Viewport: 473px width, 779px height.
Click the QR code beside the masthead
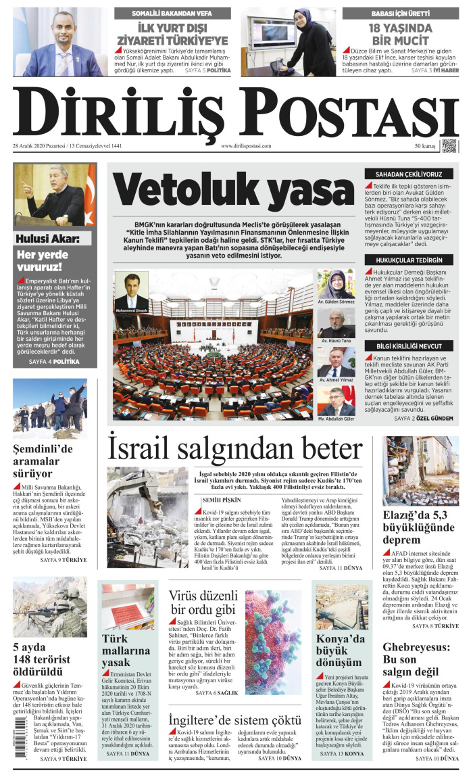[x=449, y=145]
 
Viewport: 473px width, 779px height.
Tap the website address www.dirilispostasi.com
[x=246, y=146]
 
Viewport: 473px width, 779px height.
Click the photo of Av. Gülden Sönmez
[x=336, y=284]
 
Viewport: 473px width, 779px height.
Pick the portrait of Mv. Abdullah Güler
[x=336, y=401]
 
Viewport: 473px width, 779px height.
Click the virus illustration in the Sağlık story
[x=273, y=633]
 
